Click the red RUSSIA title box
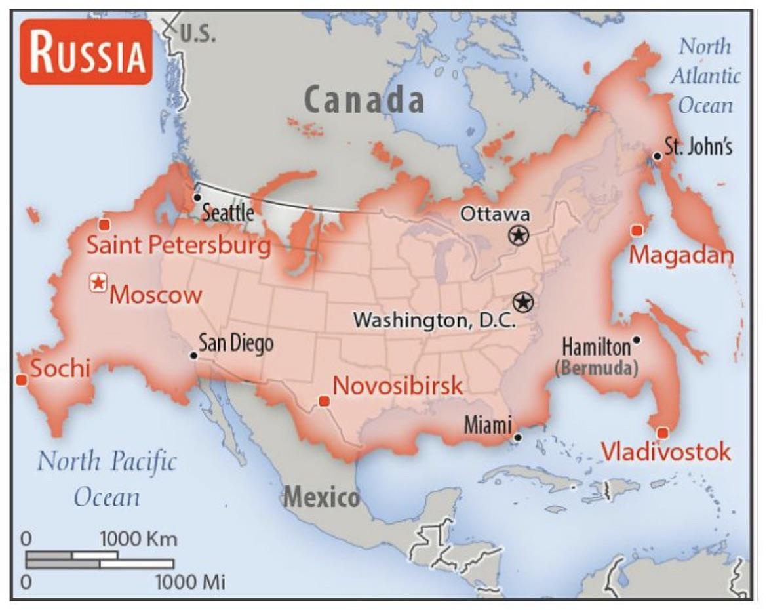click(86, 52)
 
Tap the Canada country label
click(364, 100)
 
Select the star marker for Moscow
click(98, 283)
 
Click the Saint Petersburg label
click(178, 246)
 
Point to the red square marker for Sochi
click(22, 380)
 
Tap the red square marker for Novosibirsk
click(323, 401)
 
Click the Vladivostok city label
click(665, 452)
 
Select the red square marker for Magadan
click(635, 230)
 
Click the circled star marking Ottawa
click(518, 234)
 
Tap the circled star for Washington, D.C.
click(522, 302)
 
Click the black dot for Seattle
click(197, 197)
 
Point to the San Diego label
click(236, 342)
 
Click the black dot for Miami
click(518, 437)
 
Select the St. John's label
click(698, 147)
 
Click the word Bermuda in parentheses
click(596, 367)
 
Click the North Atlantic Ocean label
click(705, 75)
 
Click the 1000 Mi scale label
click(190, 581)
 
